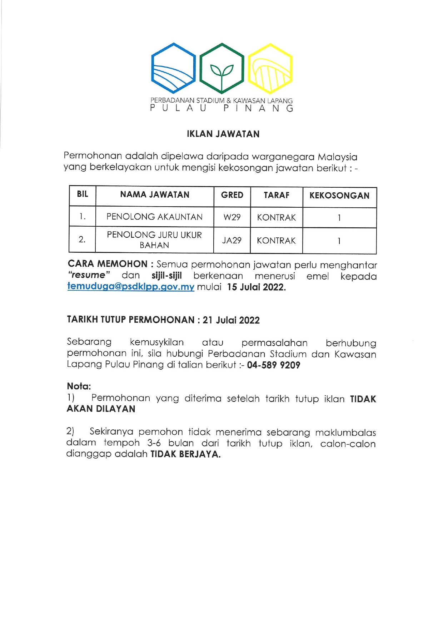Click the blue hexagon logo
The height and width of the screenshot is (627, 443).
[173, 68]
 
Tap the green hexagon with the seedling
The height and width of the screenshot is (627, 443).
[221, 68]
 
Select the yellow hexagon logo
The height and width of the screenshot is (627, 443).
[270, 68]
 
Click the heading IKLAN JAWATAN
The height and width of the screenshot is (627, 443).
[223, 134]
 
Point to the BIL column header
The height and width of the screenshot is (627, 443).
[83, 194]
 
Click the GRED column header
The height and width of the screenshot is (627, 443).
[232, 195]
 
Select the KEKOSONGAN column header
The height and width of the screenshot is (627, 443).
[339, 196]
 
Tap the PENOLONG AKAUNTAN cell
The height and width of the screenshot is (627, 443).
[154, 217]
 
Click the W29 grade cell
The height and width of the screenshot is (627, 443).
[232, 217]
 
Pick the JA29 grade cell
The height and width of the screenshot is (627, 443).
[232, 241]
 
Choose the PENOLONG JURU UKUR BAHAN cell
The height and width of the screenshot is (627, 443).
[154, 240]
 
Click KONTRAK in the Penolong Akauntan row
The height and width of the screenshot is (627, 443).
[277, 217]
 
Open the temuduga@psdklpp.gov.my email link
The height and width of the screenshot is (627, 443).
[131, 287]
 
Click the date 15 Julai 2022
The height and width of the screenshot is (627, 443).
[256, 287]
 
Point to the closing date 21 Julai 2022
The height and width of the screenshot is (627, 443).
[231, 320]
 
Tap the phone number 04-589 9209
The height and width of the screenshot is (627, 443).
[274, 365]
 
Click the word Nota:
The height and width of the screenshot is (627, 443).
[79, 386]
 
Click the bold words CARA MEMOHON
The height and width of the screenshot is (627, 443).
[108, 264]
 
